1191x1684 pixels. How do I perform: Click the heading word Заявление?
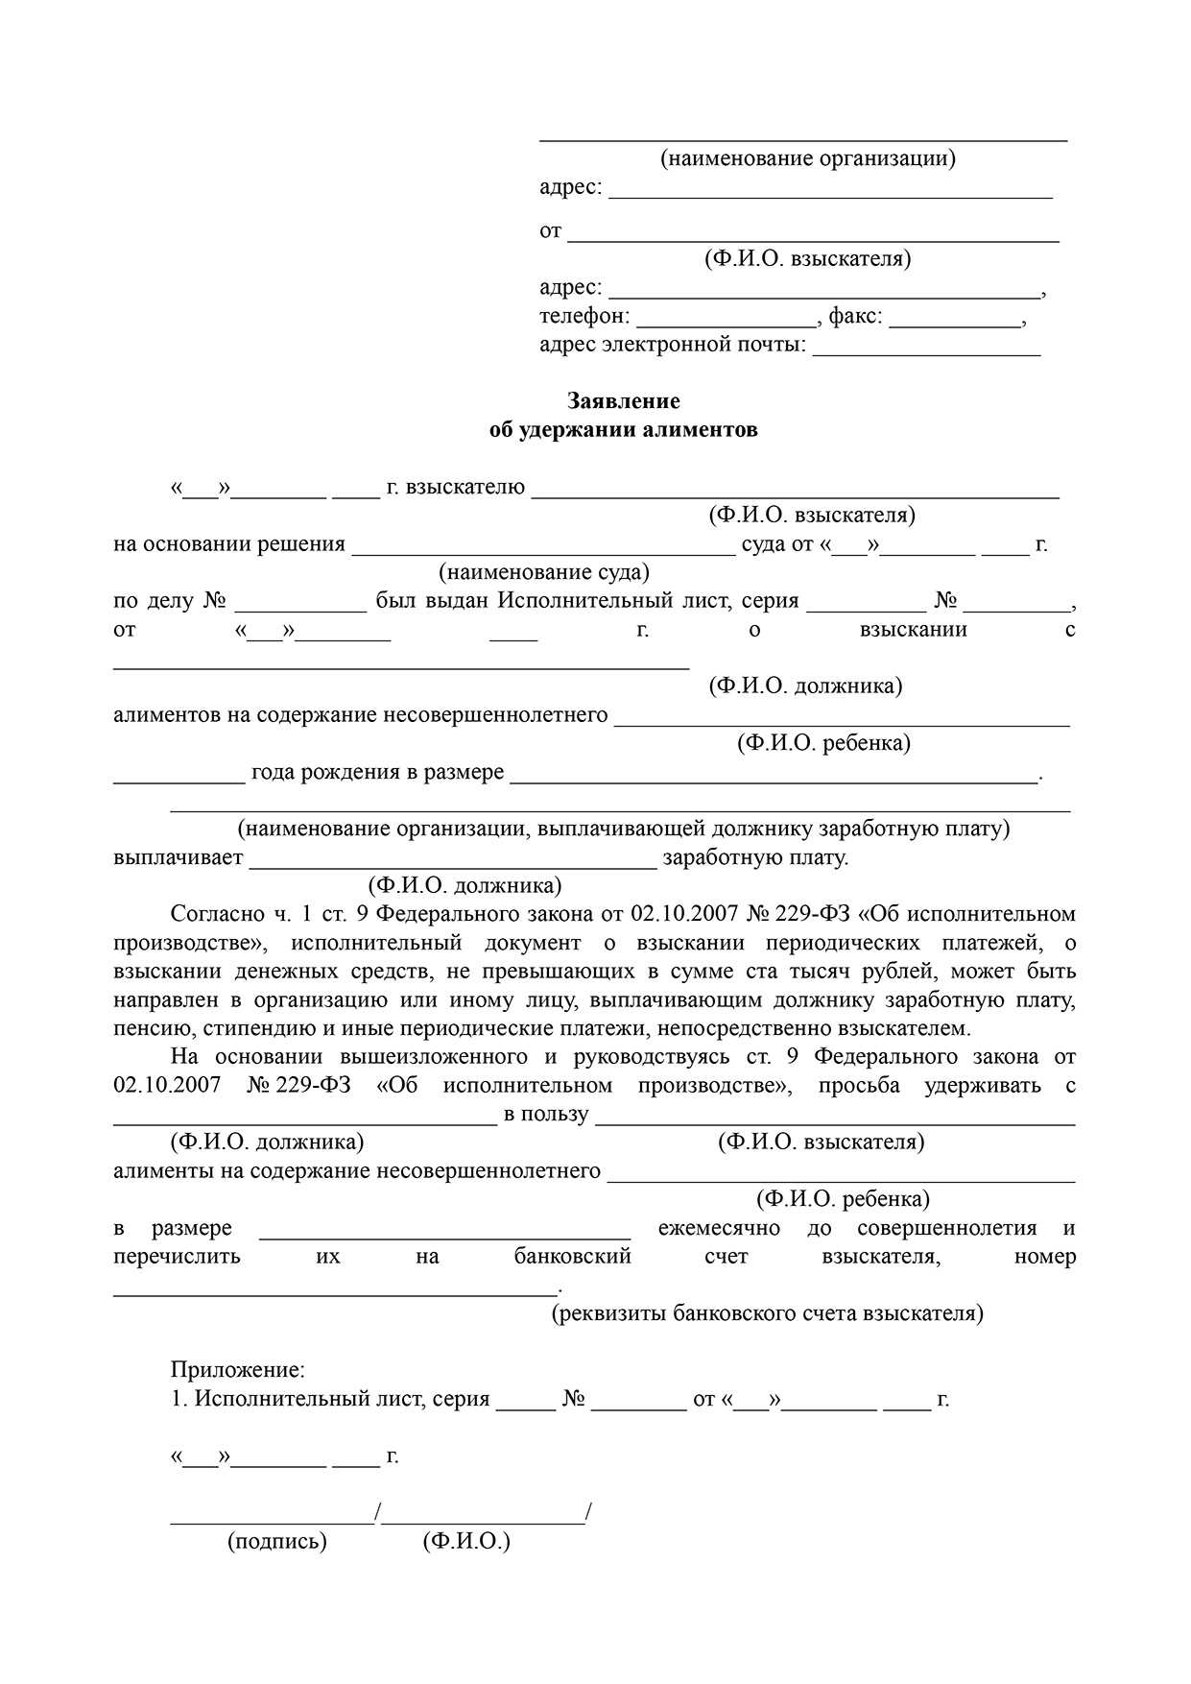pyautogui.click(x=623, y=400)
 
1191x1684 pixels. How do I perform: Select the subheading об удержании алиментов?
pyautogui.click(x=623, y=429)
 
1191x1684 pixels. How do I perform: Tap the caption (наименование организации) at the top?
pyautogui.click(x=807, y=158)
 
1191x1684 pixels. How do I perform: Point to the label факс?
pyautogui.click(x=855, y=316)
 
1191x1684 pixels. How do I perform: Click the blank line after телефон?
pyautogui.click(x=726, y=325)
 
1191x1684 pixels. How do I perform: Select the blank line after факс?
pyautogui.click(x=955, y=325)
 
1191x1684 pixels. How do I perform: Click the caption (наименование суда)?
pyautogui.click(x=544, y=573)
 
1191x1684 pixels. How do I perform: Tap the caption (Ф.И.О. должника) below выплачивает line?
pyautogui.click(x=464, y=885)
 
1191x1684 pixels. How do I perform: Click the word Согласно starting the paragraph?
pyautogui.click(x=217, y=914)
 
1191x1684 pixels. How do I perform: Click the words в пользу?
pyautogui.click(x=545, y=1115)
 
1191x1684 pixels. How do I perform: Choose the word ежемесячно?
pyautogui.click(x=719, y=1228)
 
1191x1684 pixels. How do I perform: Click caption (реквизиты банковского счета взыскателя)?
pyautogui.click(x=767, y=1313)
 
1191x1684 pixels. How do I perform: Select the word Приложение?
pyautogui.click(x=238, y=1371)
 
